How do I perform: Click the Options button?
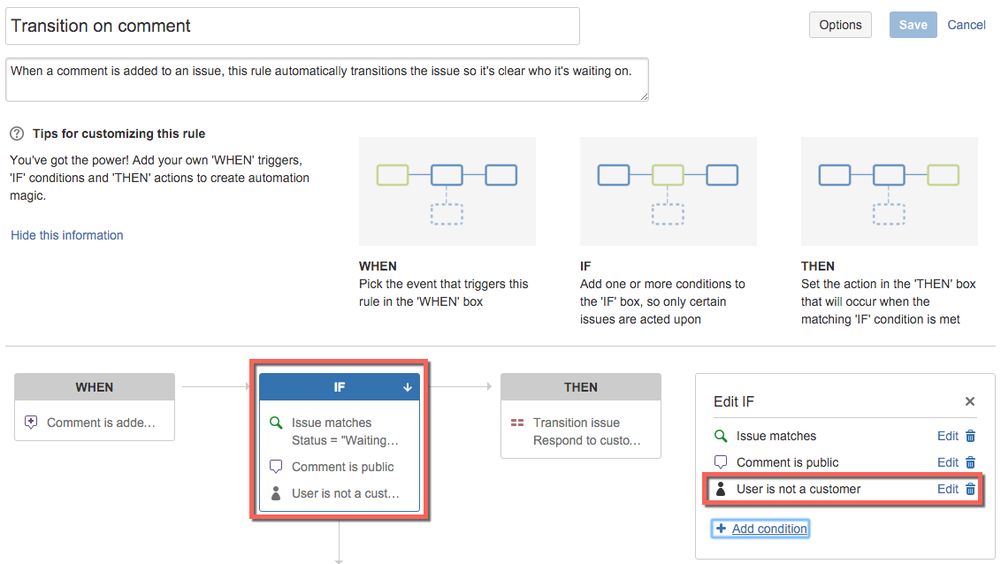click(x=840, y=25)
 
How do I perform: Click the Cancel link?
click(x=966, y=25)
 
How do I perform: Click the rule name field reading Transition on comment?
click(x=293, y=27)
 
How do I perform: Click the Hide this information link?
click(x=67, y=235)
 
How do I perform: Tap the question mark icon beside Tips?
click(x=17, y=134)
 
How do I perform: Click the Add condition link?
click(x=769, y=529)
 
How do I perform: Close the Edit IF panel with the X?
click(x=970, y=401)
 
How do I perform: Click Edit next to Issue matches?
click(x=947, y=436)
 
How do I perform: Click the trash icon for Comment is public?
click(x=970, y=462)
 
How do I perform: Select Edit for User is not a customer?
click(x=947, y=489)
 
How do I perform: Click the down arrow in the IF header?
click(x=408, y=387)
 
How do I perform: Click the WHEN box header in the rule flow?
click(x=95, y=387)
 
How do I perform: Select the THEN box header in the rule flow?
click(x=581, y=387)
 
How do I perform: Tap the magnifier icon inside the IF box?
click(x=276, y=423)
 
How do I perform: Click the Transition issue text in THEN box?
click(x=577, y=423)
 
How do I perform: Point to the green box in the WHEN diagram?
click(x=393, y=175)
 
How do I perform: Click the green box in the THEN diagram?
click(x=943, y=175)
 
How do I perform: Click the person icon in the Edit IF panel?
click(x=721, y=489)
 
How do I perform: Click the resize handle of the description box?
click(x=644, y=96)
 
